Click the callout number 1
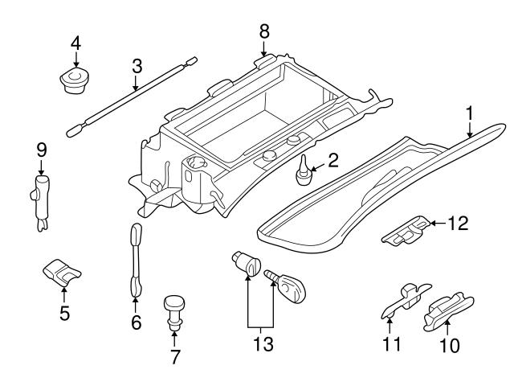tap(469, 113)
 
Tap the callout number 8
tap(264, 31)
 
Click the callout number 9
tap(42, 150)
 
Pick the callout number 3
tap(137, 64)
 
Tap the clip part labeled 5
tap(61, 273)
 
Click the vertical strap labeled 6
tap(135, 259)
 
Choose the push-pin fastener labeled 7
tap(174, 310)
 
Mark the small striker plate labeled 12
tap(406, 232)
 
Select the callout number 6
tap(136, 322)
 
